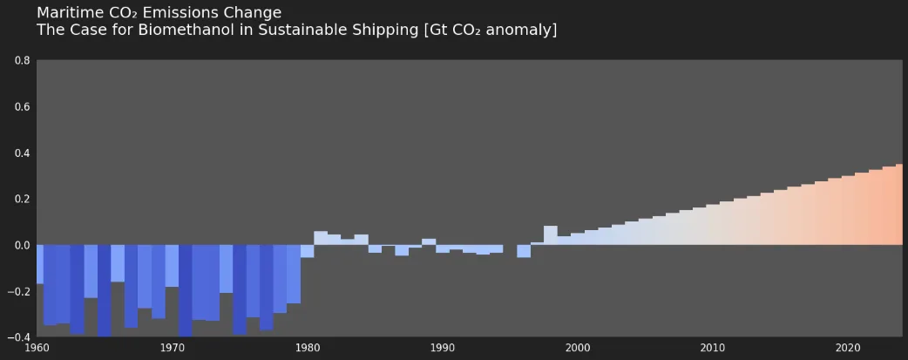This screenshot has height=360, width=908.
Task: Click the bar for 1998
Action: [x=551, y=235]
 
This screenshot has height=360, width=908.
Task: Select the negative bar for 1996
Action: [x=524, y=251]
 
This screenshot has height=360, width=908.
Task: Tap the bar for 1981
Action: [x=321, y=238]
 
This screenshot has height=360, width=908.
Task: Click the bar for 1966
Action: [x=118, y=263]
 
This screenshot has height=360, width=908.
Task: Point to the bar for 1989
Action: [x=429, y=241]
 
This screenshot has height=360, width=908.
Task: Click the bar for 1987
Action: [x=402, y=250]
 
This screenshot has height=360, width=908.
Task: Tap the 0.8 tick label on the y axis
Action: [x=22, y=61]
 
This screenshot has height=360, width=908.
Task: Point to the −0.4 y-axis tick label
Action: [x=19, y=337]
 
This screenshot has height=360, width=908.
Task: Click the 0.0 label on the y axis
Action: [x=22, y=245]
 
